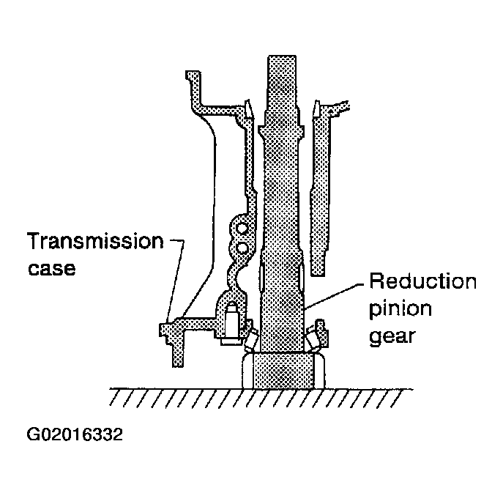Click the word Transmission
(96, 241)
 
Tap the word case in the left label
(52, 268)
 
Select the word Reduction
(422, 281)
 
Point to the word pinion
(400, 309)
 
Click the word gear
(392, 337)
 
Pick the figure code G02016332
(75, 434)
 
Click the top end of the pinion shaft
(282, 57)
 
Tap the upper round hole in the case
(241, 229)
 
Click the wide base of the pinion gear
(283, 371)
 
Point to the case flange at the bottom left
(173, 340)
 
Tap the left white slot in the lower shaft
(262, 275)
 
